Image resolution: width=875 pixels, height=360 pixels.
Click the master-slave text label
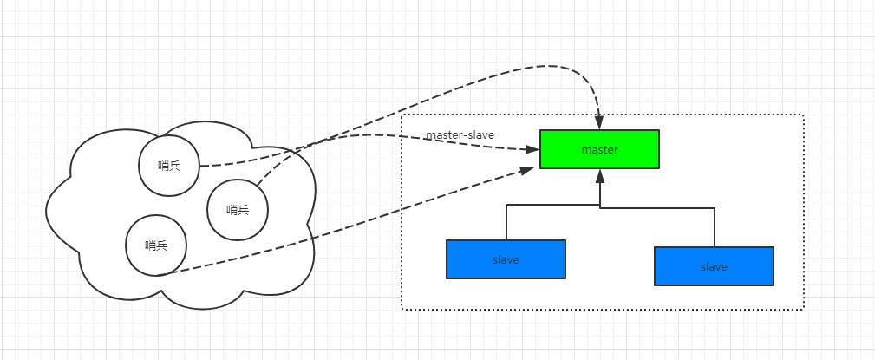(460, 135)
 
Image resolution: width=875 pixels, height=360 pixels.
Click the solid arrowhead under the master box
(599, 176)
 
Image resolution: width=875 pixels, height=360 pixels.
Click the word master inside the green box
(599, 150)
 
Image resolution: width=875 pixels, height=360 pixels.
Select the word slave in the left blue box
(506, 260)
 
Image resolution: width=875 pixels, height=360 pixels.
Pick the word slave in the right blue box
(714, 267)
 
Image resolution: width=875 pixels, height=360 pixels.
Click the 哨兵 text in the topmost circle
(170, 165)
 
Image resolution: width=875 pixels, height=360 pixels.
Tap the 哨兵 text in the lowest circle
(156, 245)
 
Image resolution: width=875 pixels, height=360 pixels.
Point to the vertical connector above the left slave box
(506, 223)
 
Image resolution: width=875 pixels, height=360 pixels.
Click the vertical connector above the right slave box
(714, 226)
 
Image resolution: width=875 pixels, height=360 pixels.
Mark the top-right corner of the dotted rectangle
(804, 115)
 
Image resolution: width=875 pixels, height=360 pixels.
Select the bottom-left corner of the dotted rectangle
(402, 309)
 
